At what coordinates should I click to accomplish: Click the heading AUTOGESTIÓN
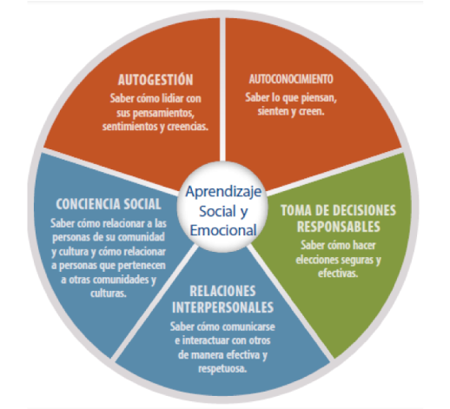[x=156, y=80]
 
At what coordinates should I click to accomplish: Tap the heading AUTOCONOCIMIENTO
[x=291, y=79]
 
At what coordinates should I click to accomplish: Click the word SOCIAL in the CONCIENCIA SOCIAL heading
[x=142, y=204]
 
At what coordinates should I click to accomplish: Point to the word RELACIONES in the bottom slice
[x=222, y=291]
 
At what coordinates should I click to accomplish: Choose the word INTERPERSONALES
[x=222, y=307]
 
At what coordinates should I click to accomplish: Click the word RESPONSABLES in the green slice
[x=339, y=227]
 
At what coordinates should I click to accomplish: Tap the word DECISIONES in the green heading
[x=366, y=210]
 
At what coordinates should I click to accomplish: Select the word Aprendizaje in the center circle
[x=223, y=192]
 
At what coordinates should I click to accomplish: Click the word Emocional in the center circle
[x=223, y=230]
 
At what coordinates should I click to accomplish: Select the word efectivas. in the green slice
[x=338, y=274]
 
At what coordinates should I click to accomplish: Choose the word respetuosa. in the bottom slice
[x=222, y=369]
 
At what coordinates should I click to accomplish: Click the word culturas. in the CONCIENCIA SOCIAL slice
[x=109, y=294]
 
